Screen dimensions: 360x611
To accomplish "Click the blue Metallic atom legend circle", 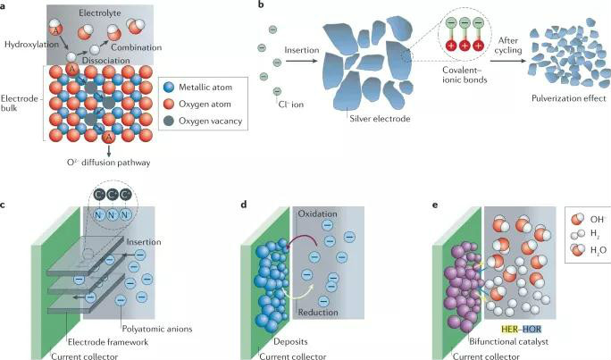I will click(x=172, y=86).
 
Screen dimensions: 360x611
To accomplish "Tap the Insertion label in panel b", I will click(x=301, y=52).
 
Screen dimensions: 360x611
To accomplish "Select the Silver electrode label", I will click(x=374, y=115).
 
